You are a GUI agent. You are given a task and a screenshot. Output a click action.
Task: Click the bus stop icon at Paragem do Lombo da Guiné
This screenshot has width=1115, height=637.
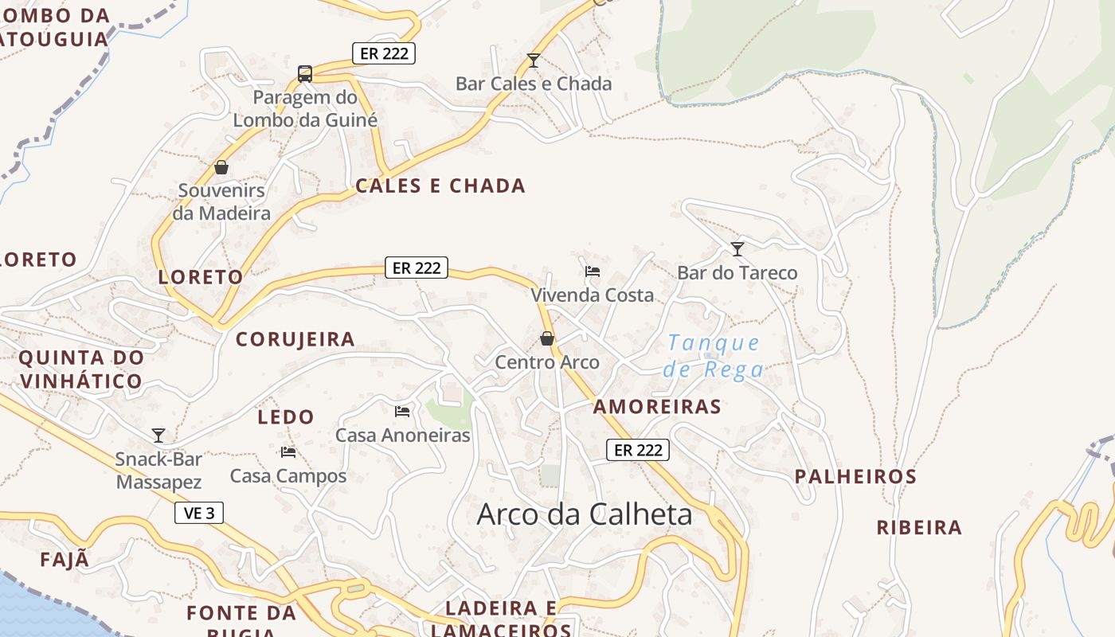coord(304,74)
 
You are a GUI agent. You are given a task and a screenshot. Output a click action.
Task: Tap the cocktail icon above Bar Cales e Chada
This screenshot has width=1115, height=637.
coord(534,61)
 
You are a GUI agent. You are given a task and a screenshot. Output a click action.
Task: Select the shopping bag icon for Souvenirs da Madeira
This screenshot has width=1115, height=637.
coord(221,167)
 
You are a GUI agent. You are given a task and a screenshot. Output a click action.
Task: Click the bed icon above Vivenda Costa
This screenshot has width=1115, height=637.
coord(593,272)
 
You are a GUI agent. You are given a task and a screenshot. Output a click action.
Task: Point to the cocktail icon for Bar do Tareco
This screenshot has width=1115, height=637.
coord(737,249)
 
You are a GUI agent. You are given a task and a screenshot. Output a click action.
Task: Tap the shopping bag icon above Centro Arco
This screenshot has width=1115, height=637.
coord(547,338)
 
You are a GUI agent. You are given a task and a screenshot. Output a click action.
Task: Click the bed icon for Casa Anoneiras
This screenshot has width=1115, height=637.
coord(402,412)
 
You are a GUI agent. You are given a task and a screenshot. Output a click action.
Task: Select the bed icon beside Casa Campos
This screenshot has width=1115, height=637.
coord(288,452)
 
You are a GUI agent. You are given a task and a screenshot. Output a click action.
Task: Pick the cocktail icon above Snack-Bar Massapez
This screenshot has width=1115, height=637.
coord(158,435)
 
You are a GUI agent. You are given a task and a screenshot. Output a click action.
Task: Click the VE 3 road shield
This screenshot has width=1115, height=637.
coord(199,513)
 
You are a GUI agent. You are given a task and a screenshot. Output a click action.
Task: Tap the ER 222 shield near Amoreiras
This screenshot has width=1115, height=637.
coord(638,450)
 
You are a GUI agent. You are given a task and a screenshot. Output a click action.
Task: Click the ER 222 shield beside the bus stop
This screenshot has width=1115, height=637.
coord(384,53)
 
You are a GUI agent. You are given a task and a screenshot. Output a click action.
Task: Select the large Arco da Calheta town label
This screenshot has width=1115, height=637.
coord(585,514)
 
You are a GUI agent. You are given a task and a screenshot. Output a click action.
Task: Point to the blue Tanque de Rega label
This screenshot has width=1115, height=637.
coord(714,356)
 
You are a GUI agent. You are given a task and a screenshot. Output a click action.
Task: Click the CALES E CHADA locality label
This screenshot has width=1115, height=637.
coord(440,186)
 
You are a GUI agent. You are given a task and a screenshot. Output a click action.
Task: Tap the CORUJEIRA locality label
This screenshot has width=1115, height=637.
coord(295,339)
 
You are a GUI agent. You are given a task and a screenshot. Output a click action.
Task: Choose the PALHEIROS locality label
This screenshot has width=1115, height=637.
coord(856,477)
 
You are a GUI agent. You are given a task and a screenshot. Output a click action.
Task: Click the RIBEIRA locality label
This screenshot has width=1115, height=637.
coord(919,528)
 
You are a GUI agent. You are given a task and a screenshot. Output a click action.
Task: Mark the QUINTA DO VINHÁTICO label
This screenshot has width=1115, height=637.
coord(81,369)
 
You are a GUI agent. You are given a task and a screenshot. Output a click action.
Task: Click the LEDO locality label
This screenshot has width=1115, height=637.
coord(286,416)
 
